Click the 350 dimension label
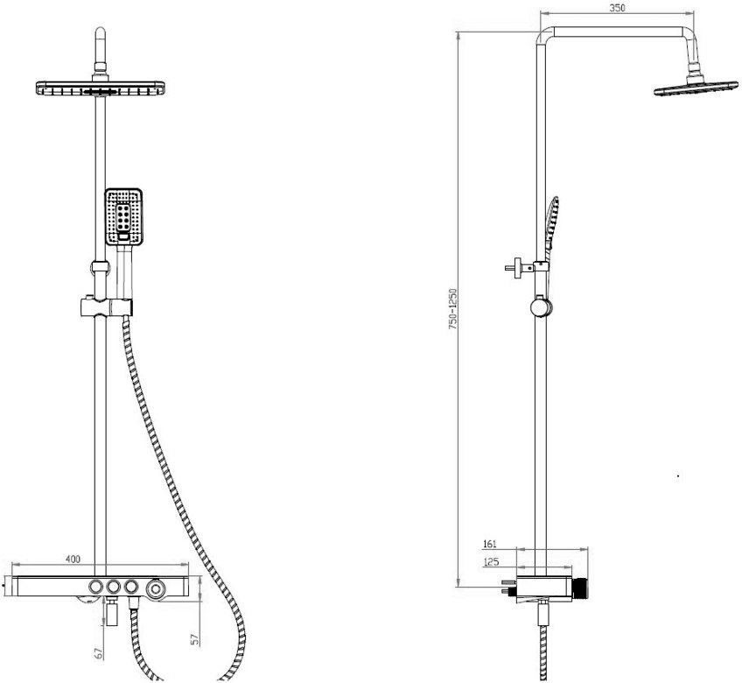(x=617, y=8)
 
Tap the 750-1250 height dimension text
(x=453, y=309)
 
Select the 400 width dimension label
(x=73, y=560)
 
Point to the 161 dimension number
(x=490, y=544)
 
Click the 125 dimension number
(x=492, y=562)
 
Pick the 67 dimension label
(x=99, y=653)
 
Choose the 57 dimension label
(x=195, y=639)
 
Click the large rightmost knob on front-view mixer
(x=155, y=589)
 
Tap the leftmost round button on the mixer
(x=95, y=587)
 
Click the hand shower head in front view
(x=123, y=216)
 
